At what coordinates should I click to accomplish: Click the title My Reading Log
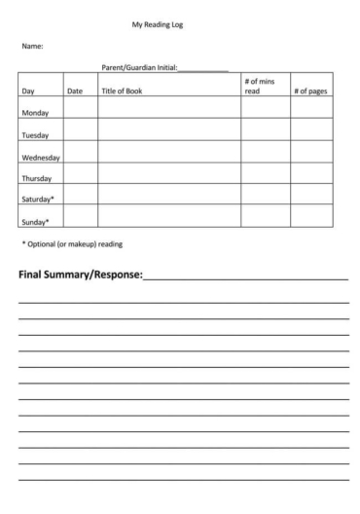[157, 24]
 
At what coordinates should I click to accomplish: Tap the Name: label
[32, 46]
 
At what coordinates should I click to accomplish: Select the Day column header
[28, 91]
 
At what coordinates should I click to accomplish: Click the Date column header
[75, 91]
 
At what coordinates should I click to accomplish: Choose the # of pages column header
[311, 91]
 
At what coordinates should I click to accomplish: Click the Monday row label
[35, 113]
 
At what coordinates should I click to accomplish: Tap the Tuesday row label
[35, 135]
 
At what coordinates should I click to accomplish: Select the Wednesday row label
[41, 157]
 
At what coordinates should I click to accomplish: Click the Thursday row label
[36, 179]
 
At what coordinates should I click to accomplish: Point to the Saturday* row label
[38, 200]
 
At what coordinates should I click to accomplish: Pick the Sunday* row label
[35, 221]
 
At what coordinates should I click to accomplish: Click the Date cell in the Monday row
[81, 107]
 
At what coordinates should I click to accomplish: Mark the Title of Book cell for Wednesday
[169, 152]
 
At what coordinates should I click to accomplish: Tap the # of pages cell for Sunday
[311, 216]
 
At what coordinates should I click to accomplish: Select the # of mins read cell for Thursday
[266, 174]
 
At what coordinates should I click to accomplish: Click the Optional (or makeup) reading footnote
[72, 243]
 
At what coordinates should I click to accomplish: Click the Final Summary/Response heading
[80, 275]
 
